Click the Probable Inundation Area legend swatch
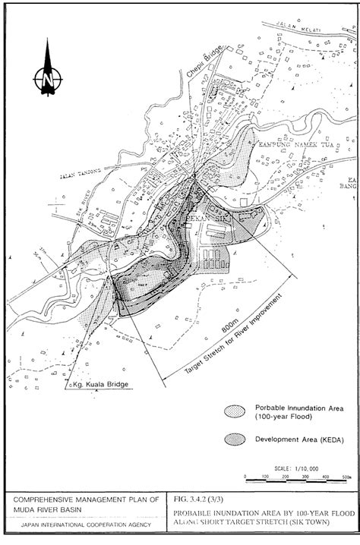[x=233, y=411]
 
